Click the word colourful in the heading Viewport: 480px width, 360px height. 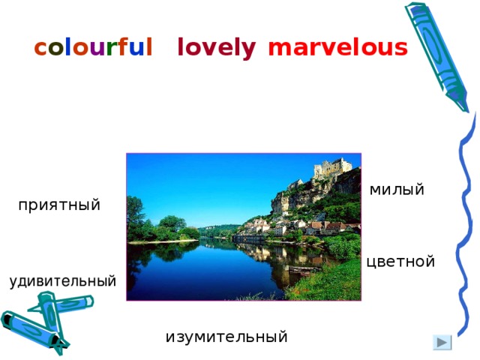[x=94, y=48]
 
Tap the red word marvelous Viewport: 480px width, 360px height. [x=337, y=48]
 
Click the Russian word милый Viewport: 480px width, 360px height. [x=397, y=190]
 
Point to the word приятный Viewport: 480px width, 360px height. [x=59, y=205]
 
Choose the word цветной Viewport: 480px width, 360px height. [x=401, y=262]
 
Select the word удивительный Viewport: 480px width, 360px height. [x=63, y=282]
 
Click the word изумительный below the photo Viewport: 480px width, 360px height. [x=226, y=337]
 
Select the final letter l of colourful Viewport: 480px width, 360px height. [x=149, y=48]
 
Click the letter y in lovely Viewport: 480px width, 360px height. [x=249, y=50]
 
